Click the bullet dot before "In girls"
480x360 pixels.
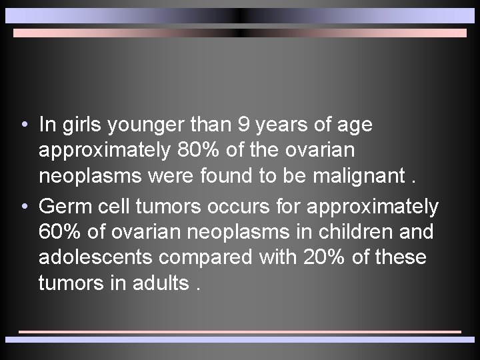click(24, 125)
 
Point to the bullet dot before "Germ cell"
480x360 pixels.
click(24, 206)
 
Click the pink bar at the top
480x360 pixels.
click(240, 33)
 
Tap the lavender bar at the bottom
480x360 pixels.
click(240, 339)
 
